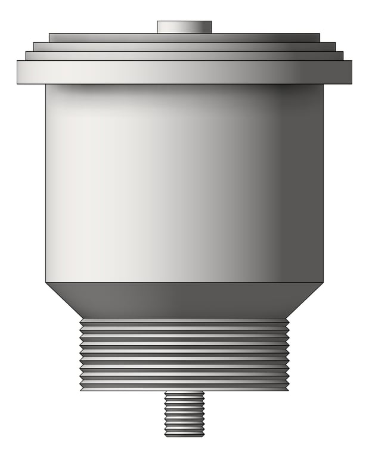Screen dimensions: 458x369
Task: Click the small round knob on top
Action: click(184, 27)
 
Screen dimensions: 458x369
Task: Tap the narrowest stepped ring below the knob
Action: click(184, 38)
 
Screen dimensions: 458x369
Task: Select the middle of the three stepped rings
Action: click(184, 47)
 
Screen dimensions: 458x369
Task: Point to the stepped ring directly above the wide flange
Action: click(184, 55)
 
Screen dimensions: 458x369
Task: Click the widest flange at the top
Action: click(184, 72)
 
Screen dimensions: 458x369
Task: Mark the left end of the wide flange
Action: click(18, 72)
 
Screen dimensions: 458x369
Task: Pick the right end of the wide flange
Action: click(350, 72)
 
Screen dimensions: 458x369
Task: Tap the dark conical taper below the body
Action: click(184, 299)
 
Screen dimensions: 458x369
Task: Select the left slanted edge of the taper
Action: click(63, 300)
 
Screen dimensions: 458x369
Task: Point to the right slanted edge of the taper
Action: click(306, 300)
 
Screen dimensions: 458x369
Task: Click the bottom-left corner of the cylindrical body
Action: click(46, 281)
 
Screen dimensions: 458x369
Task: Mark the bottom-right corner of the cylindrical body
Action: click(323, 281)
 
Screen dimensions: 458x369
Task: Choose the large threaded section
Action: click(184, 354)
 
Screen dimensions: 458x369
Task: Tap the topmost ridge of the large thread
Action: click(184, 321)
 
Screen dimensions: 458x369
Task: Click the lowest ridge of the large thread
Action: click(184, 387)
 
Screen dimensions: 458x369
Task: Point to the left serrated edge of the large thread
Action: click(81, 354)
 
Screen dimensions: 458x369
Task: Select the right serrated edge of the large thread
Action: click(287, 354)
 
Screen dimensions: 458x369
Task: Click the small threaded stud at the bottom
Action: click(184, 413)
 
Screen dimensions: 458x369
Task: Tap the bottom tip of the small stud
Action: click(184, 435)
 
